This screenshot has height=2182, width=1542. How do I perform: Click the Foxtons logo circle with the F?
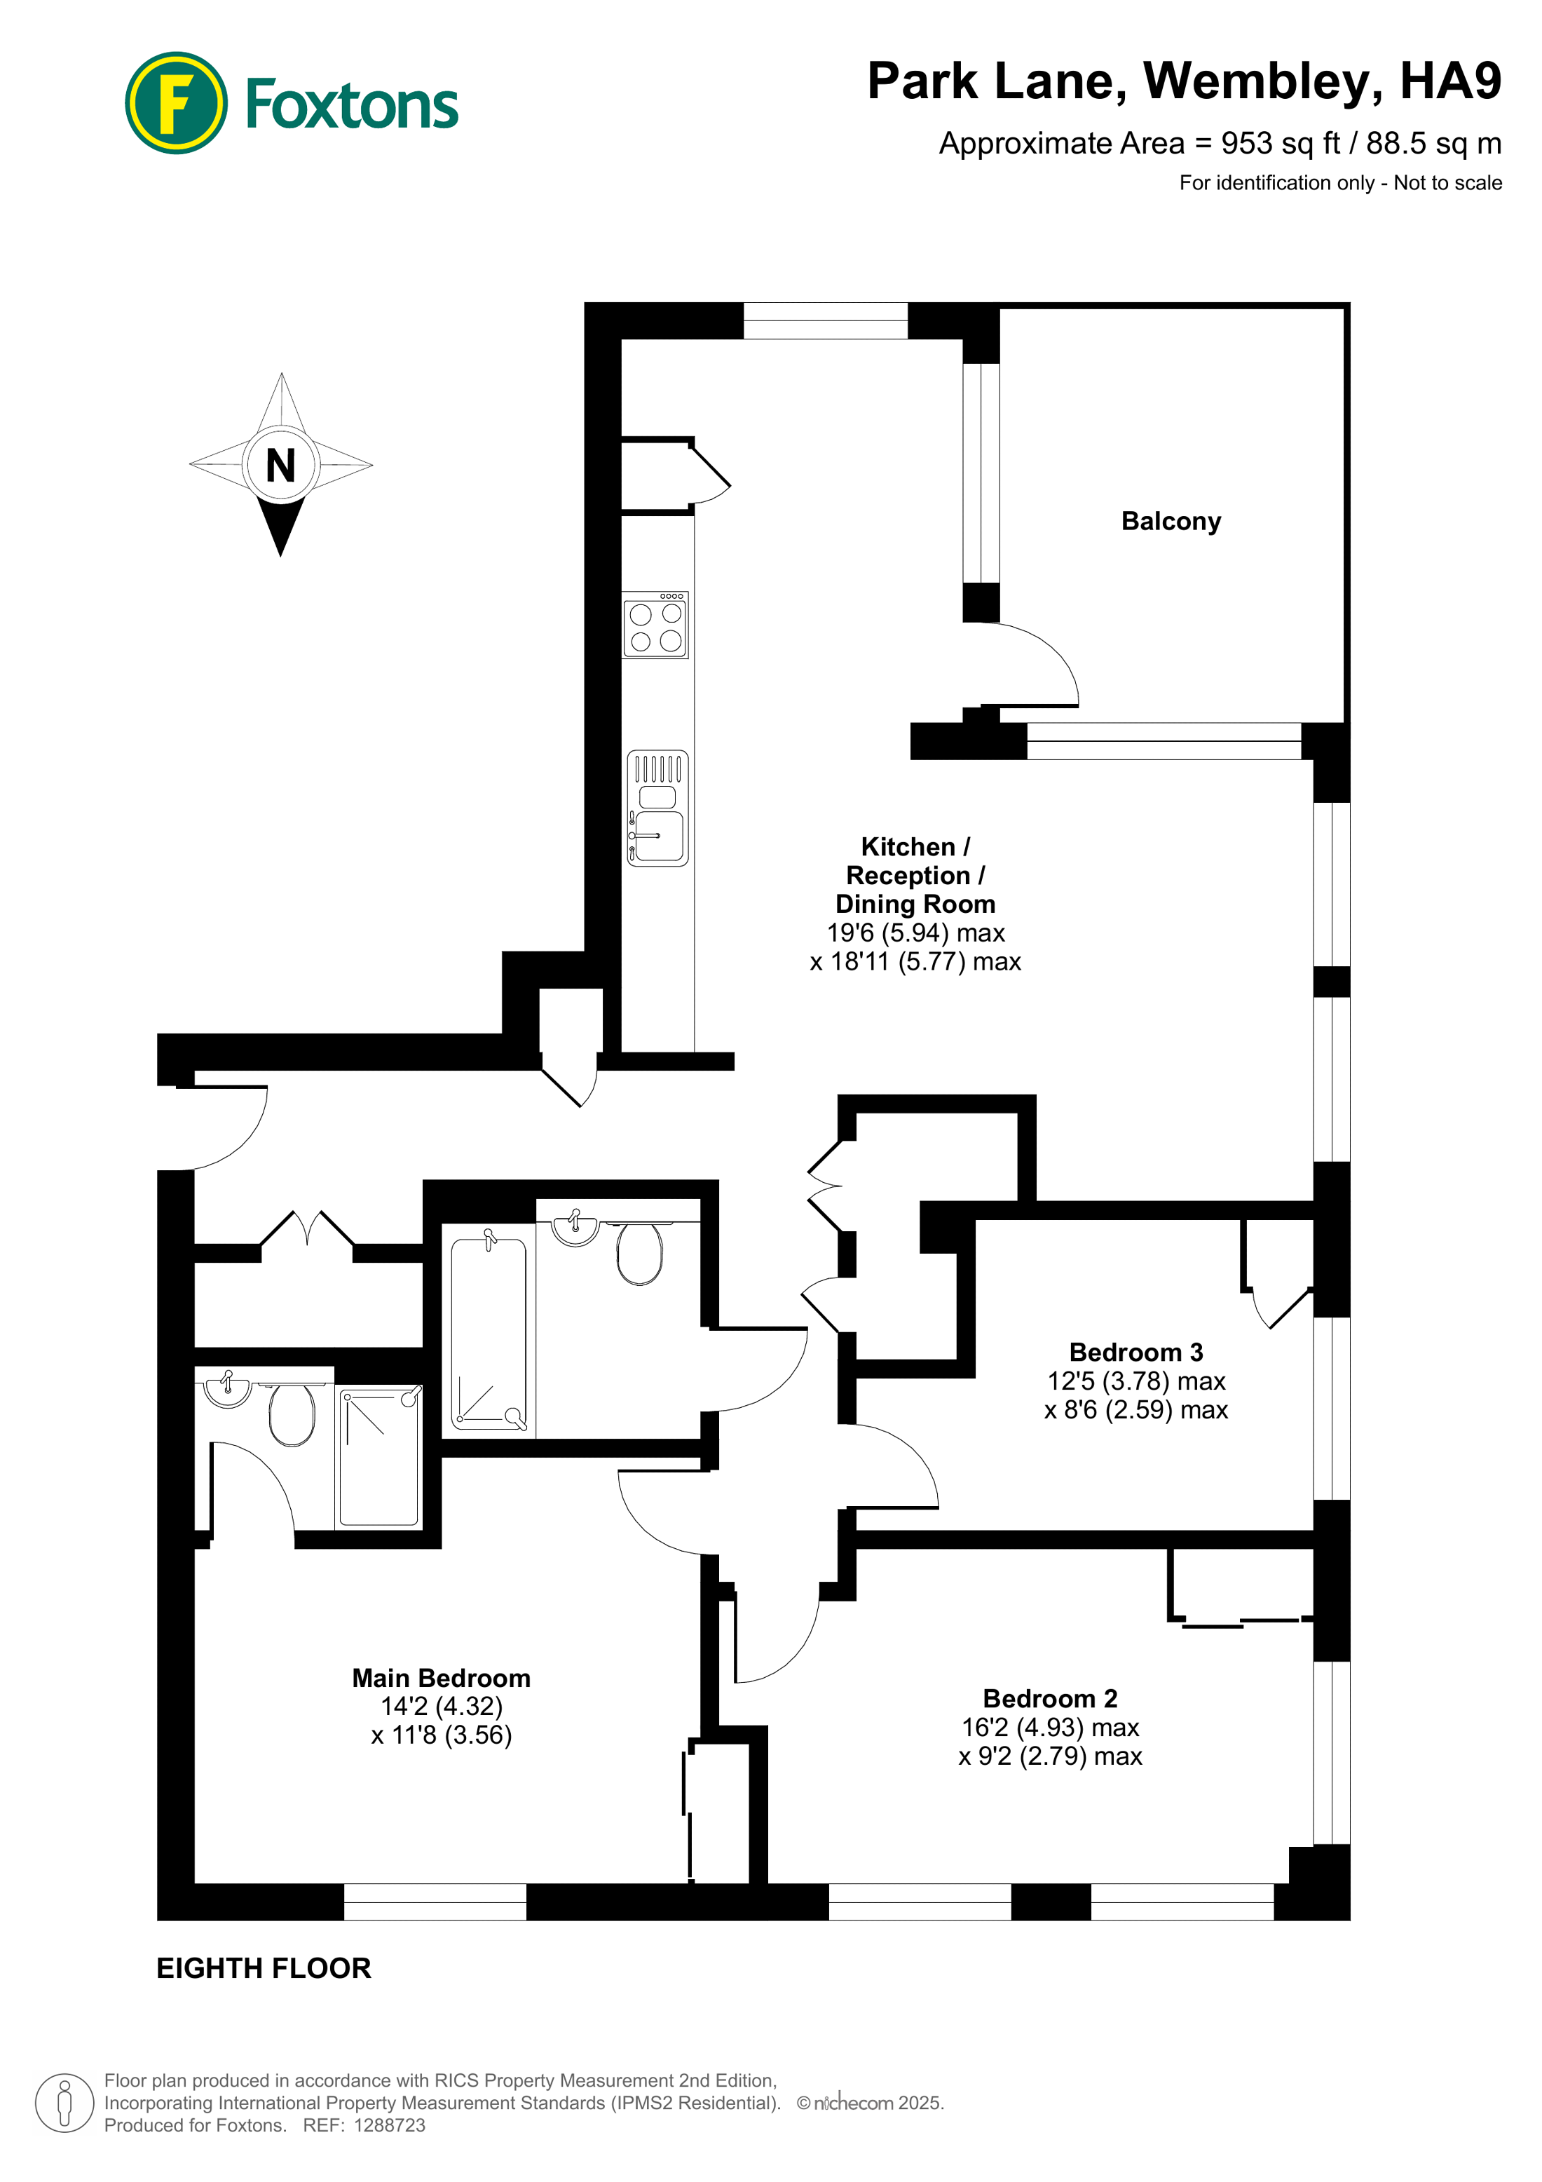pos(176,102)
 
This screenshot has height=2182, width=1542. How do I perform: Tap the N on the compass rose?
pos(280,466)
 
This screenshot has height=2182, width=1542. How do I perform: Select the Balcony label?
pos(1171,521)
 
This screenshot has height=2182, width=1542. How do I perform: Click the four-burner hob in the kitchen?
pos(655,626)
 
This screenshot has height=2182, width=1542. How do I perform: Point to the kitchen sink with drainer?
pos(657,808)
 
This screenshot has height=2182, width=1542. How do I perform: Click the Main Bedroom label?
pos(441,1679)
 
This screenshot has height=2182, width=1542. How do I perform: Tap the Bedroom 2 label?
pos(1050,1698)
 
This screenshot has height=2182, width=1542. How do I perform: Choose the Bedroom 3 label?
pos(1135,1353)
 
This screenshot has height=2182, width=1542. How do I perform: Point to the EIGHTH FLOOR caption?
pos(263,1968)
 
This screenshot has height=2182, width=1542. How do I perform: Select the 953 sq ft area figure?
pos(1280,144)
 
